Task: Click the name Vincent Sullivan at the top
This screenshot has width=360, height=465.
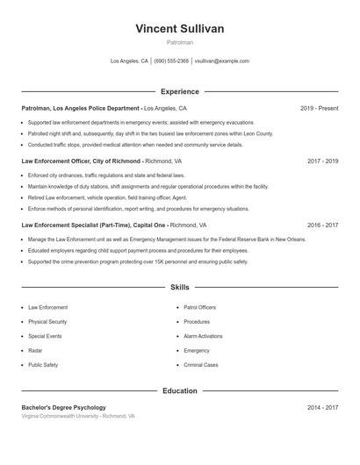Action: [x=180, y=29]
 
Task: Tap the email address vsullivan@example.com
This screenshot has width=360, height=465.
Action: [x=221, y=61]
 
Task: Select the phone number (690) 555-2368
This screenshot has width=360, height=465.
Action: [x=171, y=61]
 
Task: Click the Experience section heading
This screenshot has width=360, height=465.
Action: [x=180, y=91]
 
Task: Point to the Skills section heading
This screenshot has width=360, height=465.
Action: [x=180, y=287]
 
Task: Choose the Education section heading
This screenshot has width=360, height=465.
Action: [x=180, y=391]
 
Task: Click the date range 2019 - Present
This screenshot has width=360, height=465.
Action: [x=319, y=108]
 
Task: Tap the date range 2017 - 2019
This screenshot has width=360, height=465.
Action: [x=323, y=161]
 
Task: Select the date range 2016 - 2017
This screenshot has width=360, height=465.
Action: [x=323, y=225]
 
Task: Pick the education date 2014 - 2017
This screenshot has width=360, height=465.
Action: [x=323, y=408]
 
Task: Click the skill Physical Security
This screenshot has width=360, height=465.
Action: [x=47, y=322]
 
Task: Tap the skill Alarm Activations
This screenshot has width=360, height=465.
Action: [x=203, y=336]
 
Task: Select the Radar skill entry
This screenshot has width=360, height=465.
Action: [x=36, y=350]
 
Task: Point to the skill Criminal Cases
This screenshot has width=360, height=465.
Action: [x=201, y=364]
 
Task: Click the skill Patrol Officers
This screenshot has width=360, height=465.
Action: [x=200, y=308]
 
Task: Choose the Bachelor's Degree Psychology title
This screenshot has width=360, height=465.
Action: [x=64, y=408]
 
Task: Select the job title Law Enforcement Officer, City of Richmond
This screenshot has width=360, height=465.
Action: [x=81, y=161]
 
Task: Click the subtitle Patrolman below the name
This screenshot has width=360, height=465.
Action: [x=180, y=42]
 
